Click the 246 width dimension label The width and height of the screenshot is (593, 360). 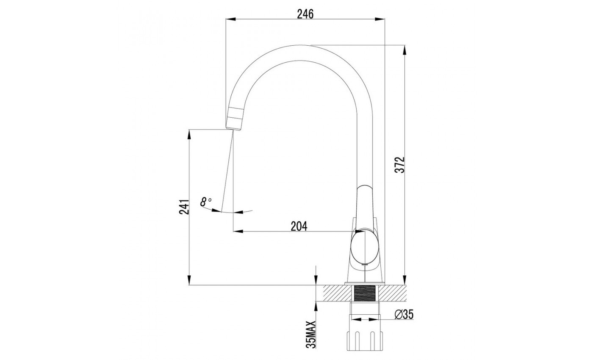click(x=305, y=14)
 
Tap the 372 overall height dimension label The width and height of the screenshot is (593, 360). click(x=400, y=165)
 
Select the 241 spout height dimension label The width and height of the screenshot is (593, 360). click(x=184, y=207)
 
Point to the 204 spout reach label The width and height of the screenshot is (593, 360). click(x=299, y=226)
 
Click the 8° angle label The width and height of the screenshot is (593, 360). click(x=206, y=202)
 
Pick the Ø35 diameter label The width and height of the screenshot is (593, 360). click(x=404, y=314)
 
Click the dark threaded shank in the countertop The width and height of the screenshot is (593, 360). click(x=365, y=293)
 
